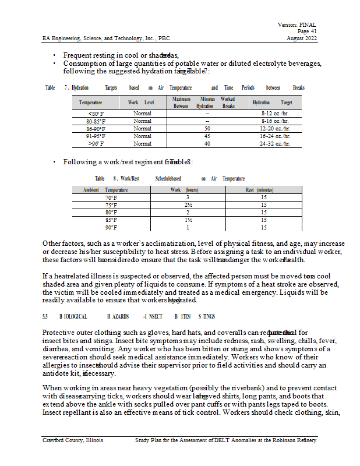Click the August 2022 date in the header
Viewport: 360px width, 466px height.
tap(302, 38)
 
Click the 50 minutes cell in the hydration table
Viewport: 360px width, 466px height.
tap(207, 128)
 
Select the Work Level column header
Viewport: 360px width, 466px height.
tap(140, 103)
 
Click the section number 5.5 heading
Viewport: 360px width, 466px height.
tap(45, 316)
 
